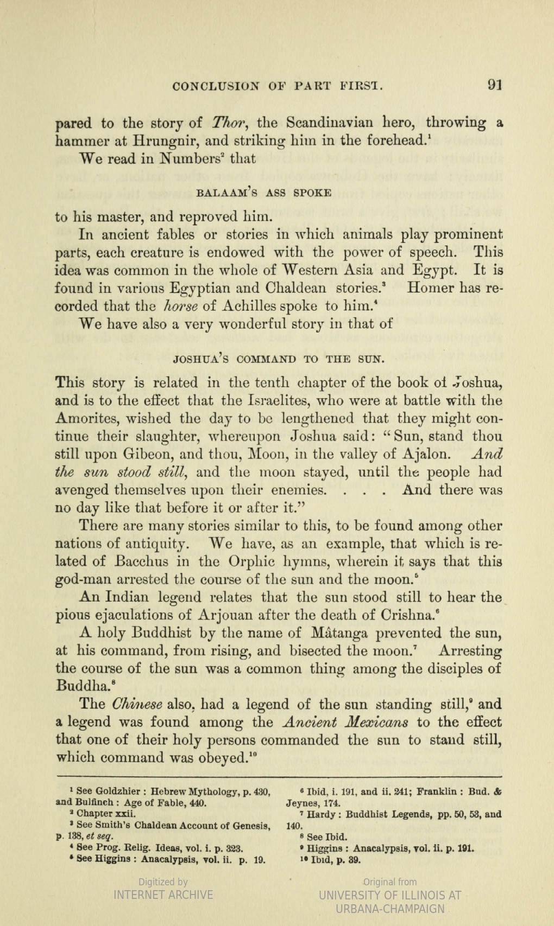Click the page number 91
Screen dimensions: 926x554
[x=494, y=85]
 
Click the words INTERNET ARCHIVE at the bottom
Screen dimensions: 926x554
[x=163, y=895]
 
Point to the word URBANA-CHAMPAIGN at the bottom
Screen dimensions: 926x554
[x=390, y=909]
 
